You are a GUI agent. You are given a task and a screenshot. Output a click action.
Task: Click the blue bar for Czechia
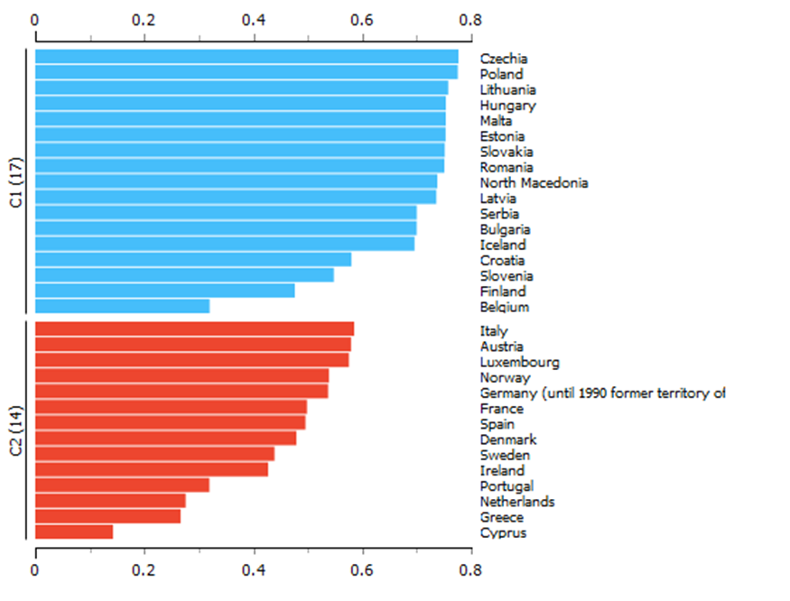246,57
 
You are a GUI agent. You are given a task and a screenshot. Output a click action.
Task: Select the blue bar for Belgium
122,307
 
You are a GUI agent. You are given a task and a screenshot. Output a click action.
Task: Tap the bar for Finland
164,291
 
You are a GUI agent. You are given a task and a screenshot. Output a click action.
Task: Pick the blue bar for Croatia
192,260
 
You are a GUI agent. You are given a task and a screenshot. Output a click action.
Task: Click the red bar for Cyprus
74,532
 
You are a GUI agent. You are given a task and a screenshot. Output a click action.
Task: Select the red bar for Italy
194,329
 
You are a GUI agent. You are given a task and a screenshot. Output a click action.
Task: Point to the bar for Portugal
122,485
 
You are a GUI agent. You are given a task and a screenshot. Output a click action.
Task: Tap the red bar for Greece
107,516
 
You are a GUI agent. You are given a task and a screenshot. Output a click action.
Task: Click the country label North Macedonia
534,183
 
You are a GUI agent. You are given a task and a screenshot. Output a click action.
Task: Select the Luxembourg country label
519,363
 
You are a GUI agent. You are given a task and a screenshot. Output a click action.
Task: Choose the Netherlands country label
517,502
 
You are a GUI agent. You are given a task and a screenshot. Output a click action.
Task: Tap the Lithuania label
507,90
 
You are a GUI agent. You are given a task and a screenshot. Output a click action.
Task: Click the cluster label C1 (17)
16,182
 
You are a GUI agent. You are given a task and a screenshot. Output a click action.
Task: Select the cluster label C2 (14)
16,430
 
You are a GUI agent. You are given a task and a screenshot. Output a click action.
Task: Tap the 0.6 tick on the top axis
362,17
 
